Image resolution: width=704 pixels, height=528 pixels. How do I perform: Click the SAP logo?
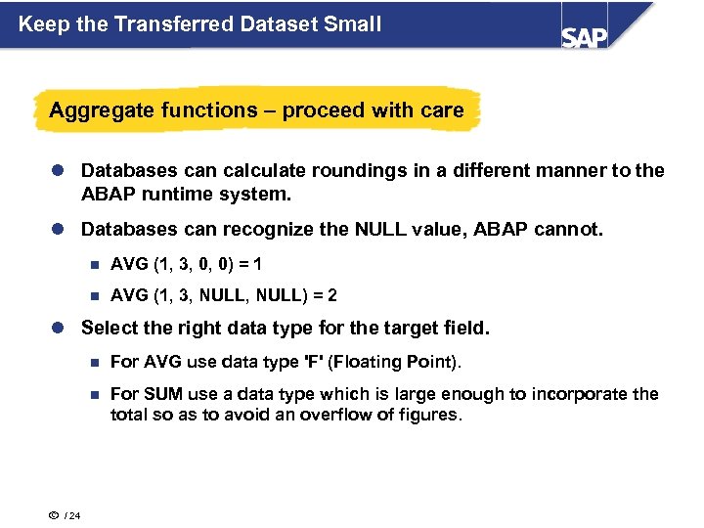[x=585, y=36]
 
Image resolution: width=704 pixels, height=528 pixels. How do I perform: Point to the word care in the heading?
[x=442, y=110]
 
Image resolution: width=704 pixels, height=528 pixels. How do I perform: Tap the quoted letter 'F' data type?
[x=314, y=362]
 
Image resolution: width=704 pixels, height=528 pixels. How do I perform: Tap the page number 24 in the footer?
[x=75, y=517]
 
